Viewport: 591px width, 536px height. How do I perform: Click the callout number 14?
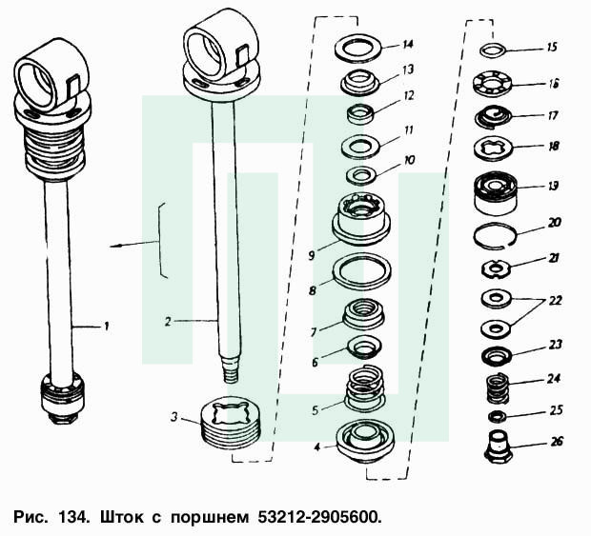click(407, 45)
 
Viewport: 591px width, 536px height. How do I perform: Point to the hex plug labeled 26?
click(498, 447)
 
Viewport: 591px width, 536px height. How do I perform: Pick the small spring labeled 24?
click(498, 387)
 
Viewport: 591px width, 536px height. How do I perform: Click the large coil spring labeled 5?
click(364, 387)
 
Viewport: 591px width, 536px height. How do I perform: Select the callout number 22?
click(555, 301)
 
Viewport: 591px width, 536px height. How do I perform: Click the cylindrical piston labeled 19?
click(496, 194)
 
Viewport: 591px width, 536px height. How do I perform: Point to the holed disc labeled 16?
click(493, 84)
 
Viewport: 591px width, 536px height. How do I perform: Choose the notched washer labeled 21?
click(496, 268)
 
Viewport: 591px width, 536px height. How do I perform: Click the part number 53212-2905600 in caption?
click(319, 517)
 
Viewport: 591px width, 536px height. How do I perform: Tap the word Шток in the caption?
click(121, 517)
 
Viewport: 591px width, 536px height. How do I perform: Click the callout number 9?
click(312, 255)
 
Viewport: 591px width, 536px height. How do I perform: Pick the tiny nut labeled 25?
click(495, 416)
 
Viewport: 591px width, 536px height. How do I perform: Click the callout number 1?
click(107, 326)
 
